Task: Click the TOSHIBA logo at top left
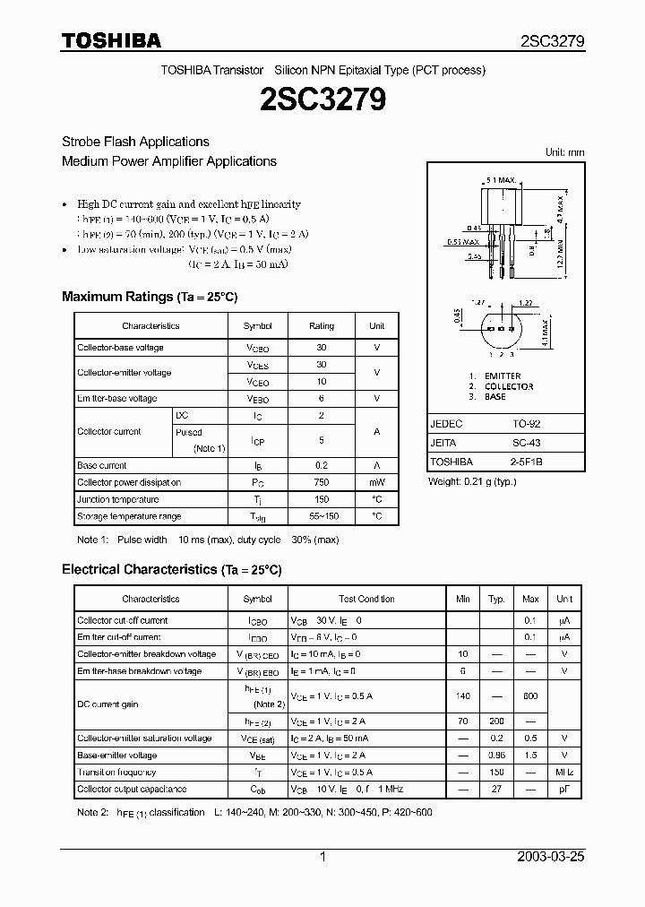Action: pyautogui.click(x=111, y=40)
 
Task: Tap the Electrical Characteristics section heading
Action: pyautogui.click(x=171, y=569)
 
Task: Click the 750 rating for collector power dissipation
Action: pyautogui.click(x=321, y=482)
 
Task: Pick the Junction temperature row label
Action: pyautogui.click(x=117, y=499)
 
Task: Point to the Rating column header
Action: pyautogui.click(x=321, y=326)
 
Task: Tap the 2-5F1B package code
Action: pyautogui.click(x=526, y=462)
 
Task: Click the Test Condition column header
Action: pyautogui.click(x=366, y=599)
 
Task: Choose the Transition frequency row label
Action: pyautogui.click(x=116, y=772)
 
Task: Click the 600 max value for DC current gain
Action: pyautogui.click(x=530, y=696)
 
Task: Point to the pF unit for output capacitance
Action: pyautogui.click(x=564, y=789)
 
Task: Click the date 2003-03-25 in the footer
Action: pyautogui.click(x=551, y=857)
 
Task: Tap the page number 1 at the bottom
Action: pyautogui.click(x=322, y=857)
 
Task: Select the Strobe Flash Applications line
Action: pyautogui.click(x=135, y=142)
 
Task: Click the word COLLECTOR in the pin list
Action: pyautogui.click(x=509, y=386)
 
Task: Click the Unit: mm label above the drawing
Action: pyautogui.click(x=564, y=152)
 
